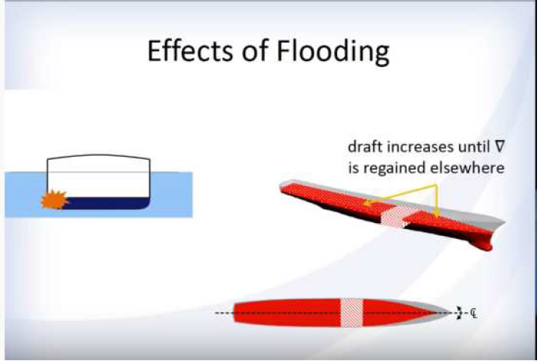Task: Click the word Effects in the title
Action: pos(191,50)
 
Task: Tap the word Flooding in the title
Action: pos(333,52)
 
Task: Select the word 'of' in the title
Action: pos(255,50)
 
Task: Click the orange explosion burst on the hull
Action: pos(54,200)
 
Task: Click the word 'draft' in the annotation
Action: pos(364,147)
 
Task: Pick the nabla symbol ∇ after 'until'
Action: pos(499,147)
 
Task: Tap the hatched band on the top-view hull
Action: pos(351,313)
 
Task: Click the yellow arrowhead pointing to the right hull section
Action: pos(437,215)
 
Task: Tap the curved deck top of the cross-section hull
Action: pos(99,156)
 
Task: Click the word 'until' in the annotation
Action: pos(474,147)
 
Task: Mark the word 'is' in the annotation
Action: pos(353,168)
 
